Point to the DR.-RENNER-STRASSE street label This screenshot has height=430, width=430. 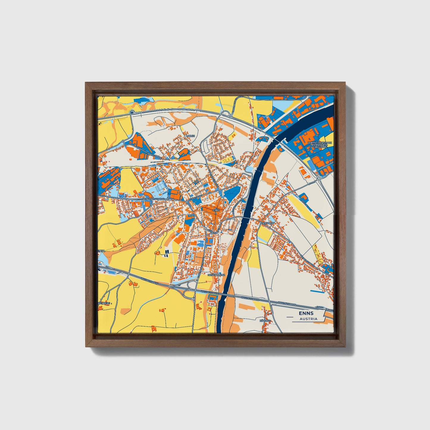coord(153,198)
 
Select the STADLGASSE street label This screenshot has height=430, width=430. coord(195,197)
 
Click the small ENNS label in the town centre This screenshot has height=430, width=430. coord(216,210)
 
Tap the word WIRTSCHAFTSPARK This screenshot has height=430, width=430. coord(320,143)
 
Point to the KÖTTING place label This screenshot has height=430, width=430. coord(265,321)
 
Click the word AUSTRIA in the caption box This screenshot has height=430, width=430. coord(308,319)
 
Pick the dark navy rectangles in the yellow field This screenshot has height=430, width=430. coord(166,253)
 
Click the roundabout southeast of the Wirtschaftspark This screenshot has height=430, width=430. coord(319,179)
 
